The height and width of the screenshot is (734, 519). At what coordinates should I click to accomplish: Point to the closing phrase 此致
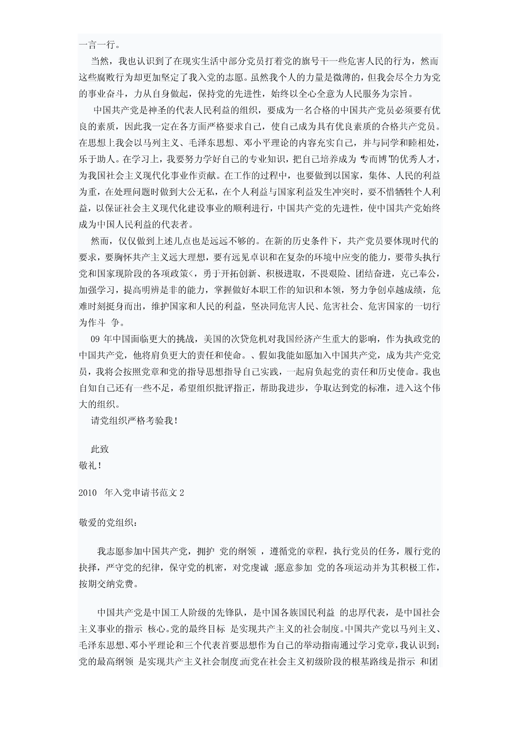(99, 449)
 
